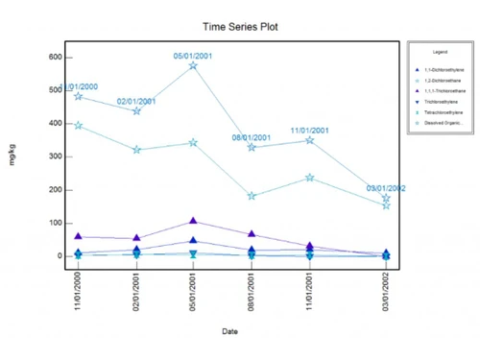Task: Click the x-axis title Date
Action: click(x=230, y=331)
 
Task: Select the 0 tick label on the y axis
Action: click(x=57, y=256)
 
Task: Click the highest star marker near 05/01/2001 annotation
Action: click(x=193, y=65)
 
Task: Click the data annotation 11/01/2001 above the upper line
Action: click(x=310, y=131)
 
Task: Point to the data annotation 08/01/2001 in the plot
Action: click(x=252, y=138)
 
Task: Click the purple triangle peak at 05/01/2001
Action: click(x=193, y=222)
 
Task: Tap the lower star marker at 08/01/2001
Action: click(x=252, y=196)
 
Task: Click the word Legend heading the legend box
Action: click(x=440, y=51)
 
